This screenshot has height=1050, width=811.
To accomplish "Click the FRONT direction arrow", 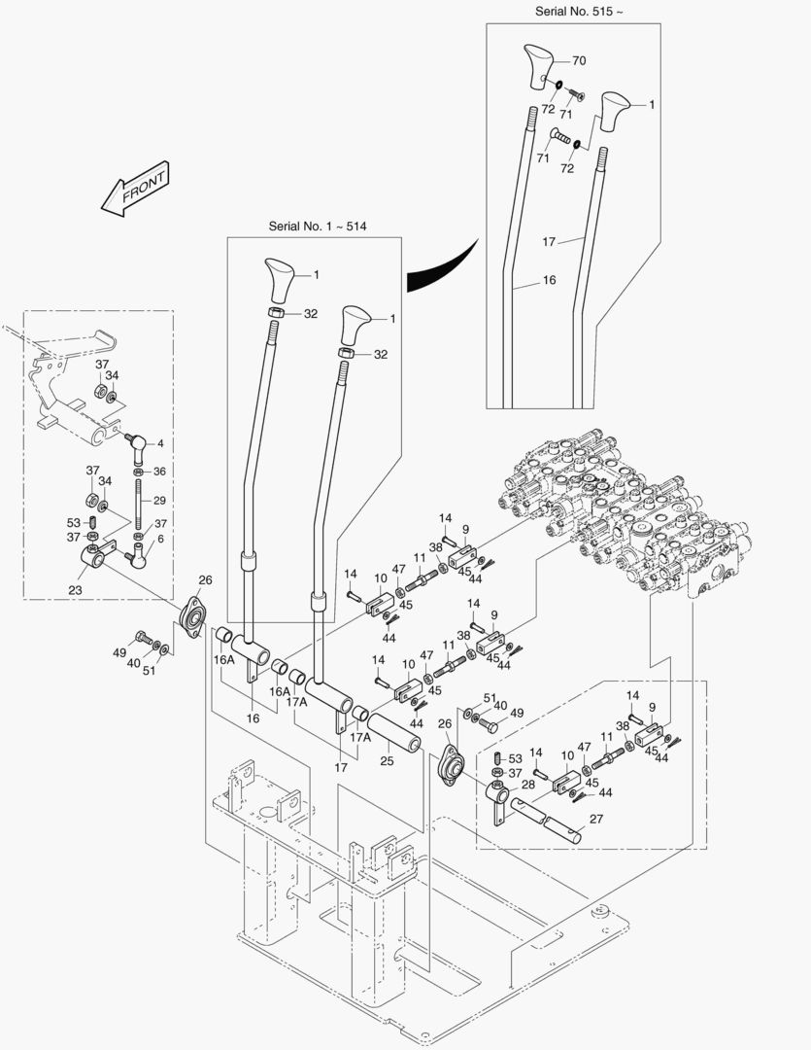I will point(134,188).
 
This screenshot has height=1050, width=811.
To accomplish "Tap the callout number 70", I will point(579,60).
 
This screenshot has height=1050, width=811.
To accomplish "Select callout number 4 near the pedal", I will point(160,444).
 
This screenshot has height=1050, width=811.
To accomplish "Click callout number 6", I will point(160,538).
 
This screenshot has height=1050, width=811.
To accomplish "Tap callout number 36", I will point(160,472).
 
